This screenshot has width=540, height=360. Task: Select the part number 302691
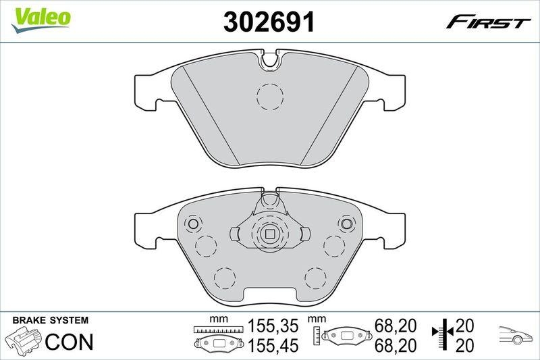coord(269,22)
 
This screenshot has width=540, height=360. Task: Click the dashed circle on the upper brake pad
coord(270,96)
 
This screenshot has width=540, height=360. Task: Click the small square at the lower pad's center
coord(270,234)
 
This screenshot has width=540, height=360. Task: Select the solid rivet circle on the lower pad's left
coord(192,224)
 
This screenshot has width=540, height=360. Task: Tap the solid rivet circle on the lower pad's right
coord(347,224)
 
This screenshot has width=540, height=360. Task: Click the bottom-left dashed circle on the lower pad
coord(224,278)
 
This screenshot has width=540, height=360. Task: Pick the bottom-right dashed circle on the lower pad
coord(315,278)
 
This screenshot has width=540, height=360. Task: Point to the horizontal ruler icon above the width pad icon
coord(217,330)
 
